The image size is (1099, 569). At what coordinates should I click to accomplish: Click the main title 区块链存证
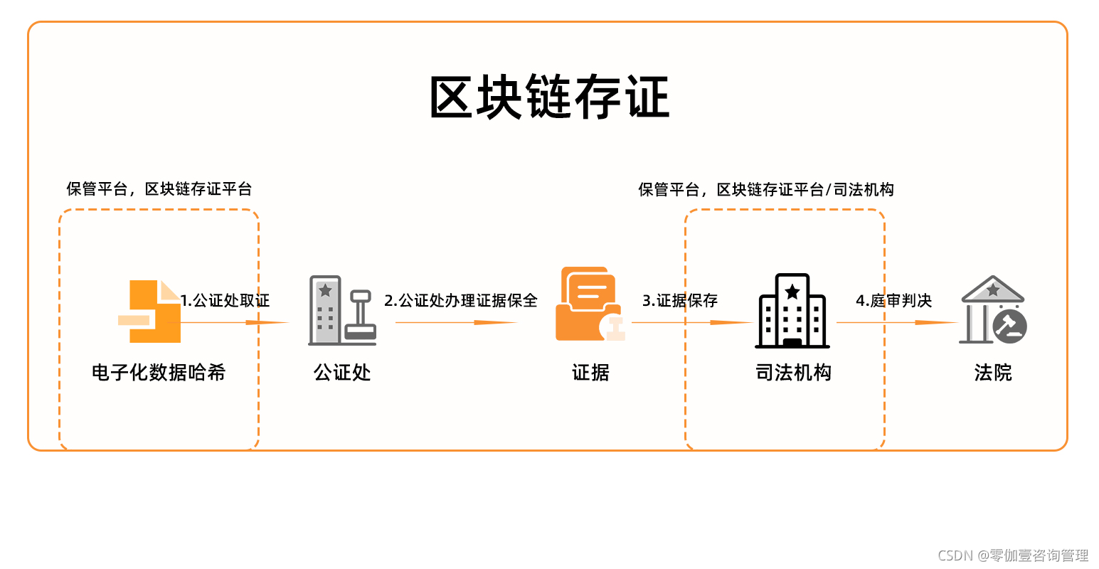[x=549, y=97]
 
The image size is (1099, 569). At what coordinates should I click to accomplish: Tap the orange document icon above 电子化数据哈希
[x=150, y=312]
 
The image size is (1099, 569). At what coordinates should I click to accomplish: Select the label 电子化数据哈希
[x=159, y=372]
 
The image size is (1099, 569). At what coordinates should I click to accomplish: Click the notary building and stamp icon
[x=342, y=311]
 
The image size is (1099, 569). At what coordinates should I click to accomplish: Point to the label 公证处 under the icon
[x=342, y=372]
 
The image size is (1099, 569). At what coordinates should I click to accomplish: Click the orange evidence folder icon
[x=589, y=304]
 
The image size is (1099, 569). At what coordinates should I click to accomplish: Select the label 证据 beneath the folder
[x=590, y=372]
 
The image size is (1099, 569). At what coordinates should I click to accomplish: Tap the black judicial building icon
[x=792, y=312]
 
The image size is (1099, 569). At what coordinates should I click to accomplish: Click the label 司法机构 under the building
[x=793, y=372]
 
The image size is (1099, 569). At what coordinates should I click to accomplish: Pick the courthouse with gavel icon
[x=993, y=310]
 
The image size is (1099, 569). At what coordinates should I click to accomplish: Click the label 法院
[x=993, y=372]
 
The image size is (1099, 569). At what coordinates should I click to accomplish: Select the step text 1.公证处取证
[x=225, y=300]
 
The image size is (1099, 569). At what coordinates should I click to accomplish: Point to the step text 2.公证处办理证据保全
[x=461, y=300]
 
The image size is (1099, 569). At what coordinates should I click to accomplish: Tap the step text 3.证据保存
[x=680, y=300]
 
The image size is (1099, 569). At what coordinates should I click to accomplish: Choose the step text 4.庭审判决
[x=893, y=300]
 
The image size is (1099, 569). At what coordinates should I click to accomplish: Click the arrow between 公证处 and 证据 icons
[x=455, y=323]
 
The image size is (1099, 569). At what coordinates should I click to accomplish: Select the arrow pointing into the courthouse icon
[x=896, y=323]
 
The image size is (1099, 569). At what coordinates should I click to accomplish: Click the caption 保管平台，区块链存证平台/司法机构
[x=766, y=189]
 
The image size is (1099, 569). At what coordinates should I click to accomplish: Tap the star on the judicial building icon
[x=792, y=291]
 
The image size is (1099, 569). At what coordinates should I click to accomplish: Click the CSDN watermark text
[x=1013, y=555]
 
